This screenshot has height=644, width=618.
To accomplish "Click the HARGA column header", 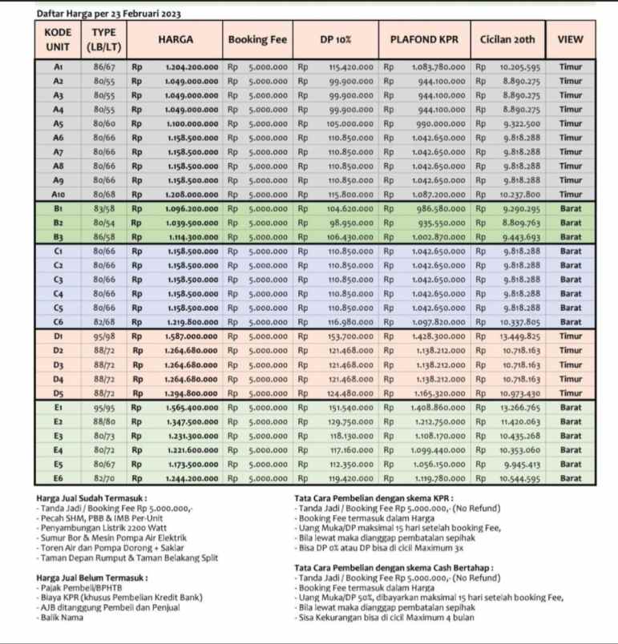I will tap(175, 39).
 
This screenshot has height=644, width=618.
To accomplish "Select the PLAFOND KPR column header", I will tap(425, 39).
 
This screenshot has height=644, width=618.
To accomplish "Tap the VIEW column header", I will tap(570, 39).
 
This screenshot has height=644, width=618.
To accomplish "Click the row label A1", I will tap(59, 69).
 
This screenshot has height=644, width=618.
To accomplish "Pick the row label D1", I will tap(59, 336).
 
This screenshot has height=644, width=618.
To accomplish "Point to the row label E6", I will tap(59, 478).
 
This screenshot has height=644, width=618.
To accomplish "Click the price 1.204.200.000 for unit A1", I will tap(192, 69).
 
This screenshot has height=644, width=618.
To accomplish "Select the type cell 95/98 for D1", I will tap(104, 336).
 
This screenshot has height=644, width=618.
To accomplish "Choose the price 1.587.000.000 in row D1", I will tap(192, 336).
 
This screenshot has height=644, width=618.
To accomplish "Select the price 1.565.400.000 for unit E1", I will tap(192, 407).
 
